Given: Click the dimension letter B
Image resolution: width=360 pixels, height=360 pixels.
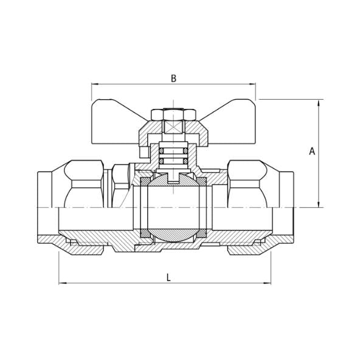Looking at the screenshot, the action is click(174, 78).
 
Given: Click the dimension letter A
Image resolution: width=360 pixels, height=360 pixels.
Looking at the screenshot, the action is click(312, 151).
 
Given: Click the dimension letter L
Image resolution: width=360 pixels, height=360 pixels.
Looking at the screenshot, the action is click(169, 278).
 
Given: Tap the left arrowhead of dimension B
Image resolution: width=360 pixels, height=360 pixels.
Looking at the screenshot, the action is click(95, 85).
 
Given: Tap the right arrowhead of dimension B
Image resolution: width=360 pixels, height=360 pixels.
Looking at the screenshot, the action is click(252, 85).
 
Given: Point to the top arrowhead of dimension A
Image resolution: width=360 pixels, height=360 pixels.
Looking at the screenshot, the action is click(319, 103).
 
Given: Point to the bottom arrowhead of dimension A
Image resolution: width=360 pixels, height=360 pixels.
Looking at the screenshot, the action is click(319, 204).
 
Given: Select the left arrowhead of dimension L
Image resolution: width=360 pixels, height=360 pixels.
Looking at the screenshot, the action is click(63, 283).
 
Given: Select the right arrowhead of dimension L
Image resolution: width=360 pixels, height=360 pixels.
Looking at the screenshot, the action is click(267, 283).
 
